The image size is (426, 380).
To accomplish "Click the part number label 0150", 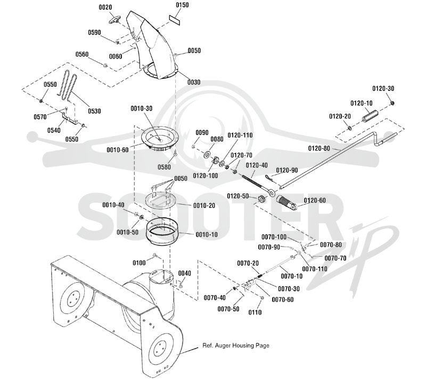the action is point(182,5).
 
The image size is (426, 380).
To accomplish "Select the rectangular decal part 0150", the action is point(175,20).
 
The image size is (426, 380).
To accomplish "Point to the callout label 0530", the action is point(94,111).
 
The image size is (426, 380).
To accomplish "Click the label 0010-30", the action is point(142,108).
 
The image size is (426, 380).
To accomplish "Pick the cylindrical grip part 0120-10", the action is point(370,115).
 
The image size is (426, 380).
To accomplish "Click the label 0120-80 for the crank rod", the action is point(319,148).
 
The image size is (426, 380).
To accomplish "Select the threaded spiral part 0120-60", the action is point(286,202).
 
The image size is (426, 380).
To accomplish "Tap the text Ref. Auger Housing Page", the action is point(236,345).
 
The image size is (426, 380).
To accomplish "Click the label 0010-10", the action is point(207,234).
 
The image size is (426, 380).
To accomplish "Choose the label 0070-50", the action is point(228,309).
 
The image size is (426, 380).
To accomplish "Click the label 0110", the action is point(255,313).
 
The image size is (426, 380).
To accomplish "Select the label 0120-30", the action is point(383,89).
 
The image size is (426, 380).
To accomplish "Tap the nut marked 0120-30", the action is point(392,103).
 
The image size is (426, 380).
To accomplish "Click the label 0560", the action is point(82,55).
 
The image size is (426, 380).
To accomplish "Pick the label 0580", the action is point(165,167).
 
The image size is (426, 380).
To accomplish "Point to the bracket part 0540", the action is point(69,119).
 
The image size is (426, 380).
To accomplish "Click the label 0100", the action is point(139,263).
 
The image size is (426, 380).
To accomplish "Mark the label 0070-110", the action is point(315,269).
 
